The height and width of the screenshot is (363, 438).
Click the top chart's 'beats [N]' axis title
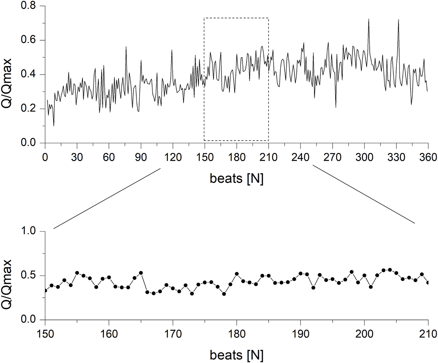point(236,179)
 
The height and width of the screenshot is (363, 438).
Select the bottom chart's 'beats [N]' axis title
point(236,355)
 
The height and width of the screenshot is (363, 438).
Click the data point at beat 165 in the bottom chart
point(141,273)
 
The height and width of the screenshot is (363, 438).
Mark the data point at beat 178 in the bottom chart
point(224,294)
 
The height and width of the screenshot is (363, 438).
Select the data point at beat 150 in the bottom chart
point(45,290)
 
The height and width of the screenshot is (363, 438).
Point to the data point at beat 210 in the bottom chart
point(428,283)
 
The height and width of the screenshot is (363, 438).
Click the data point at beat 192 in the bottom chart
point(313,288)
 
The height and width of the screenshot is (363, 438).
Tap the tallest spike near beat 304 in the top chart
point(369,20)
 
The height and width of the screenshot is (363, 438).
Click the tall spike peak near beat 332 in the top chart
point(398,20)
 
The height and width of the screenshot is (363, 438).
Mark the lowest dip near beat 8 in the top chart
point(54,126)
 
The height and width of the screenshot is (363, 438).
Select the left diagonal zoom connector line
point(107,198)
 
